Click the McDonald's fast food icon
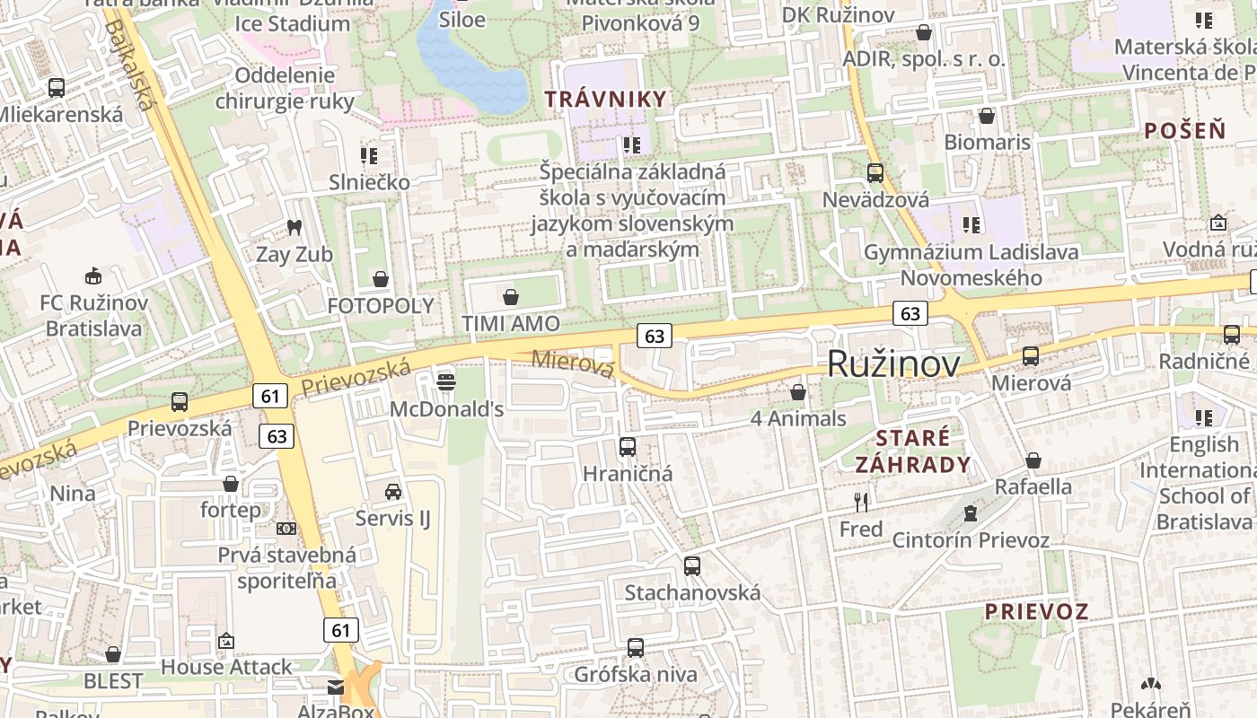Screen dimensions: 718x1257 click(x=445, y=381)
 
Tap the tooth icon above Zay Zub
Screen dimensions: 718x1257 click(x=294, y=228)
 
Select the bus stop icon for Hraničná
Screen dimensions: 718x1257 click(x=628, y=446)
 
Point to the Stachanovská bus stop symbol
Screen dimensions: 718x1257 click(x=691, y=566)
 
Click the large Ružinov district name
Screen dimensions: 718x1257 click(x=892, y=363)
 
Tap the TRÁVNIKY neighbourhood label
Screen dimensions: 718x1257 click(x=606, y=99)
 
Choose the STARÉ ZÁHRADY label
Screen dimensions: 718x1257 click(x=912, y=451)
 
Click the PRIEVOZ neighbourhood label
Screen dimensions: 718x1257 click(x=1036, y=612)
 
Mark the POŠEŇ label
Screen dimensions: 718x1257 click(x=1184, y=130)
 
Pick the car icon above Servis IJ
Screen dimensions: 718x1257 click(x=393, y=491)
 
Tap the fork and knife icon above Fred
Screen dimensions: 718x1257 click(x=861, y=502)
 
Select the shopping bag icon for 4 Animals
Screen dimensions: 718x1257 click(x=798, y=392)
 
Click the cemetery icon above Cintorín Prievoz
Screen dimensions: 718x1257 click(x=970, y=513)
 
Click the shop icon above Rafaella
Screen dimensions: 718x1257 click(x=1033, y=460)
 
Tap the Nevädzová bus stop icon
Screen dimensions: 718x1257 click(x=875, y=173)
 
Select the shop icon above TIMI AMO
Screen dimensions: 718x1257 click(x=511, y=296)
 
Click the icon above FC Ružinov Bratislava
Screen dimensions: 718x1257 click(x=92, y=275)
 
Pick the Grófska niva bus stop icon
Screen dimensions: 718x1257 click(x=636, y=647)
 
